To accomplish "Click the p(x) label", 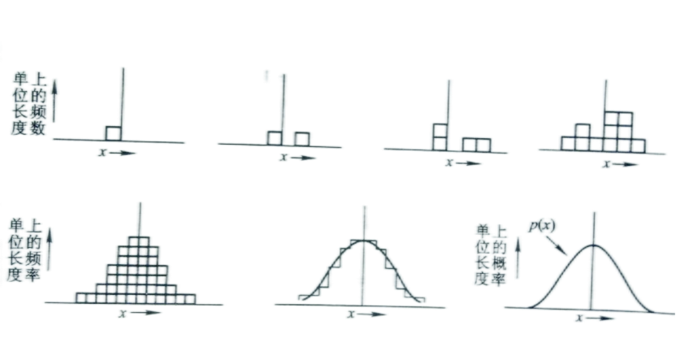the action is coord(542,227).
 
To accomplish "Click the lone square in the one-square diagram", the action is coord(114,133).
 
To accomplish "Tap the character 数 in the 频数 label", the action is coord(37,128).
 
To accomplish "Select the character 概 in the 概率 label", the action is coord(498,263).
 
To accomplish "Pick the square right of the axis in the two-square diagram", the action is coord(301,139).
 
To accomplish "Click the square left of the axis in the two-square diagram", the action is coord(275,138).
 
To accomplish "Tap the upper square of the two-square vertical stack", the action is coord(440,130).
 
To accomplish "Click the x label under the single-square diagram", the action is coord(102,152).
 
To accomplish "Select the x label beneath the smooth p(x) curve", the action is coord(579,318).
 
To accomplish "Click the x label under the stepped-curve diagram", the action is coord(351,314).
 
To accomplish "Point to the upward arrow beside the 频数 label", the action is coord(54,100).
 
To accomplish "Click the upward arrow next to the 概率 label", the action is coord(518,258).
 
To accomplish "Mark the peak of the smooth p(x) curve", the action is coord(594,245).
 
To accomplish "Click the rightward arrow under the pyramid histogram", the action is coord(145,313).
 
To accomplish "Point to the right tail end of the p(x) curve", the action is coord(652,311).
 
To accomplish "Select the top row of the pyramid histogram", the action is coord(139,241).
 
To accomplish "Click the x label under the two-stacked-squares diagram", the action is coord(449,163).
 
